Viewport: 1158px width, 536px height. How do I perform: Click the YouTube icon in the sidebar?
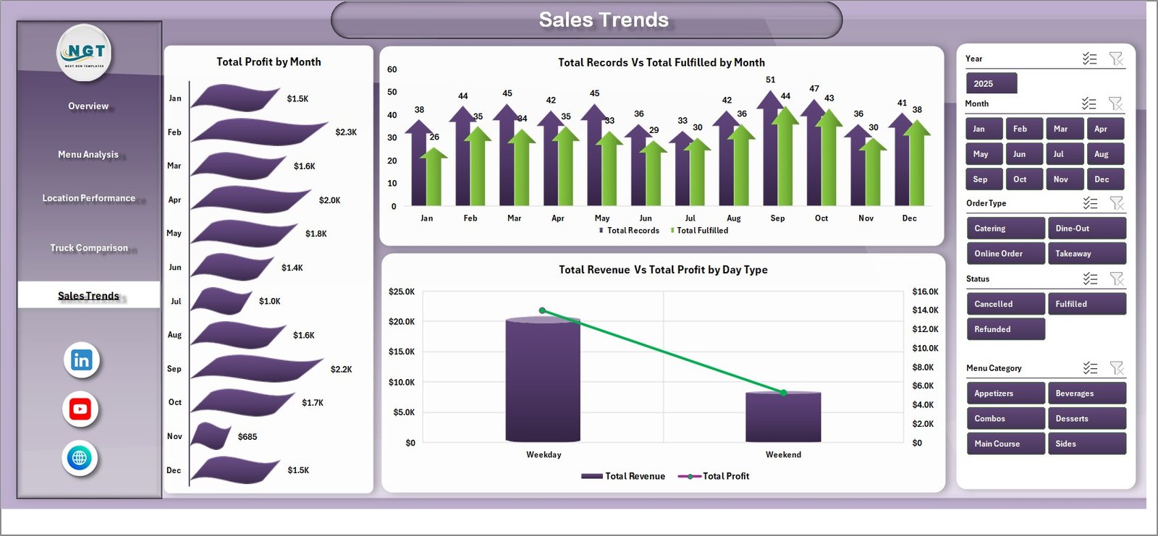click(80, 409)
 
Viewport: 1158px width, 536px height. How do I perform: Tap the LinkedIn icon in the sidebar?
click(81, 360)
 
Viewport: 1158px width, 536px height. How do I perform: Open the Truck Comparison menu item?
click(89, 248)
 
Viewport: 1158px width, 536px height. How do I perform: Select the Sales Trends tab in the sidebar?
click(88, 296)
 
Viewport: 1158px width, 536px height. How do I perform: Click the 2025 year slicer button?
click(991, 84)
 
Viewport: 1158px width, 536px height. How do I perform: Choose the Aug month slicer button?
click(1104, 154)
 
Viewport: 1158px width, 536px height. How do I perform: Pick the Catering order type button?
click(1005, 229)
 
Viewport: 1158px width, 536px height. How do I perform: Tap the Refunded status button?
click(1005, 329)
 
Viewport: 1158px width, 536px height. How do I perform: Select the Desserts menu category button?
click(1086, 419)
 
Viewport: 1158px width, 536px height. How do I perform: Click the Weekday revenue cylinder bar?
click(543, 380)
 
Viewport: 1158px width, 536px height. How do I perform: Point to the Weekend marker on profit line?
click(784, 393)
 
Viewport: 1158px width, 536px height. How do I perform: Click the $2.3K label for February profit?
click(346, 132)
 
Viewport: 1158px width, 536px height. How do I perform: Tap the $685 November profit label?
click(248, 437)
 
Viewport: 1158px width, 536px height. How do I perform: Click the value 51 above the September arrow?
click(770, 80)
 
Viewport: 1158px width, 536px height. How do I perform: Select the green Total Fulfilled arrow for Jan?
click(434, 177)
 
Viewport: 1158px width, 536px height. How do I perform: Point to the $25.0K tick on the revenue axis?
click(402, 292)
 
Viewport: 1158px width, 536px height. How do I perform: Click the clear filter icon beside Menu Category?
click(1117, 368)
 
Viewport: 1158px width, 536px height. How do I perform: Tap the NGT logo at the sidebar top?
click(85, 53)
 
